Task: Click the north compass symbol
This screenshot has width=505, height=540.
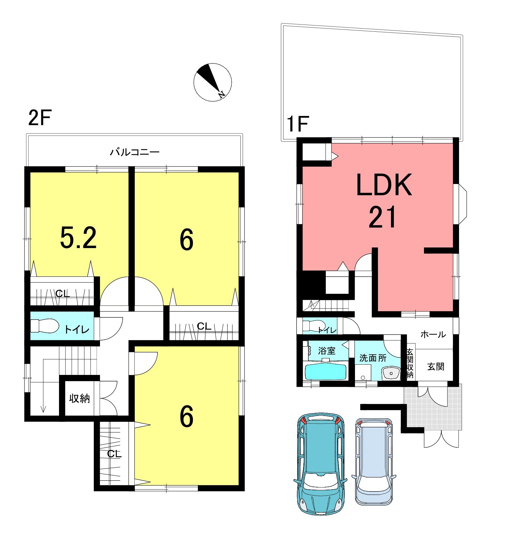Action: [x=212, y=82]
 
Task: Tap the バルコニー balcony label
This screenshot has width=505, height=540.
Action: [x=135, y=152]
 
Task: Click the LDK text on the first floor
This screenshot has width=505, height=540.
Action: [x=384, y=185]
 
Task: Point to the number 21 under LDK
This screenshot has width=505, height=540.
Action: [x=382, y=217]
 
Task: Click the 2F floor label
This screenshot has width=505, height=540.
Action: [x=39, y=118]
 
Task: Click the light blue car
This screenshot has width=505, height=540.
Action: [x=374, y=461]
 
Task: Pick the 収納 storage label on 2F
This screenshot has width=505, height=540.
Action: [x=80, y=398]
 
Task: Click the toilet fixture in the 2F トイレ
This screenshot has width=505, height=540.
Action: [x=45, y=326]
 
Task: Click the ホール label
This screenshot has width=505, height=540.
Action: [x=433, y=335]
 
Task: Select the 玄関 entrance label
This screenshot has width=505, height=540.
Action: [x=435, y=367]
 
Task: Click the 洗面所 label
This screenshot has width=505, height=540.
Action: [x=373, y=358]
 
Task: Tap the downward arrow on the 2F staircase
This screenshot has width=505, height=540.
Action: [x=43, y=385]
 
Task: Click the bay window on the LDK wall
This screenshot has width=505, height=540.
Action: [x=462, y=204]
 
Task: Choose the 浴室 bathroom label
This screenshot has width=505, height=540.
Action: [x=327, y=351]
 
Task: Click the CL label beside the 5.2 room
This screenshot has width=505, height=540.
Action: [x=63, y=293]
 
